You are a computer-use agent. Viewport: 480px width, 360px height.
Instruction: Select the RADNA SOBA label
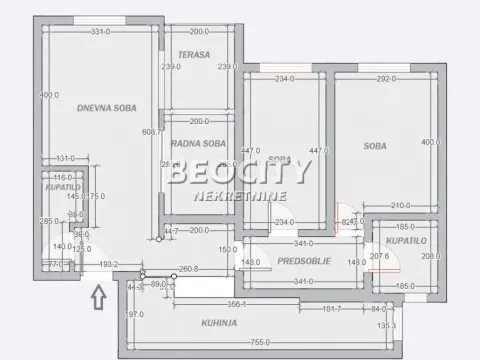pyautogui.click(x=196, y=143)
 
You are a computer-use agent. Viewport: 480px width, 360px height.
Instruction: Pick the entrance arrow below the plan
pyautogui.click(x=97, y=297)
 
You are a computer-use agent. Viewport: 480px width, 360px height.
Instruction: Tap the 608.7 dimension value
pyautogui.click(x=152, y=131)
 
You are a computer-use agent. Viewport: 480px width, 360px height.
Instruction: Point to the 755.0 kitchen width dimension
pyautogui.click(x=261, y=342)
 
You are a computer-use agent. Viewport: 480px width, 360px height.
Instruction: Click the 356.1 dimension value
pyautogui.click(x=236, y=304)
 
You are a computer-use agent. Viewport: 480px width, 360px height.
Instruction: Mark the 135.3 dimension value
pyautogui.click(x=415, y=325)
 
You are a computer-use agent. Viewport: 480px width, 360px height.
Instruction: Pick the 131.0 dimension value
pyautogui.click(x=66, y=160)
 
